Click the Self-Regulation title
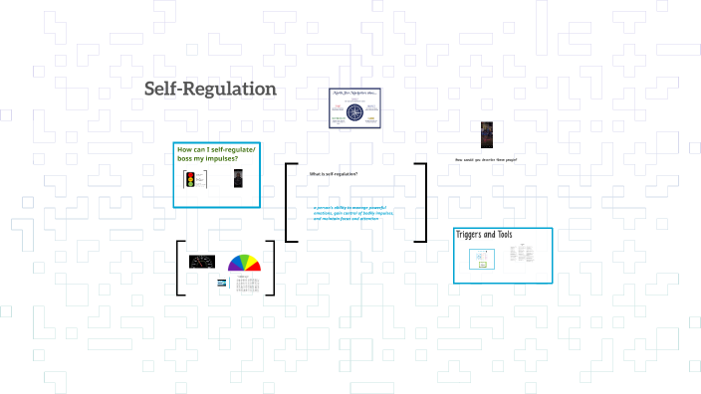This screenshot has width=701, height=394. tap(210, 89)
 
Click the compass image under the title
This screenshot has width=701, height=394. tap(355, 107)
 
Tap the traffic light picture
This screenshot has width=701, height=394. tap(189, 179)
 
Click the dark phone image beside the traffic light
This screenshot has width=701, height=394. tap(238, 179)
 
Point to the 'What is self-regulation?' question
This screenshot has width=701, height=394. tap(334, 174)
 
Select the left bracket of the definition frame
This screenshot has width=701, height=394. tap(288, 202)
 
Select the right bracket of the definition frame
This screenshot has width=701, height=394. tap(422, 202)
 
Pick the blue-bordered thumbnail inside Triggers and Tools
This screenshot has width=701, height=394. tap(481, 258)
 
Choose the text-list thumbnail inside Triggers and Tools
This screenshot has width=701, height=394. tap(518, 255)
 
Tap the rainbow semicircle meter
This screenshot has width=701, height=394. tap(244, 264)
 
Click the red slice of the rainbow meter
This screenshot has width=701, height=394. tap(256, 266)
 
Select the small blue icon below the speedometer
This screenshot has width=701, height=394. tap(222, 282)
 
